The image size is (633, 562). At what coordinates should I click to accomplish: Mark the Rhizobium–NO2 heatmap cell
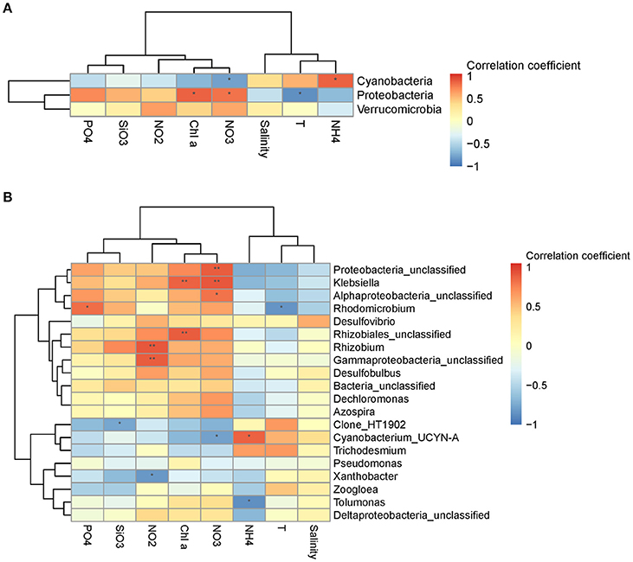pyautogui.click(x=152, y=348)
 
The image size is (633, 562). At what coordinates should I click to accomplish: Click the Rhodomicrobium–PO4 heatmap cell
pyautogui.click(x=87, y=308)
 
